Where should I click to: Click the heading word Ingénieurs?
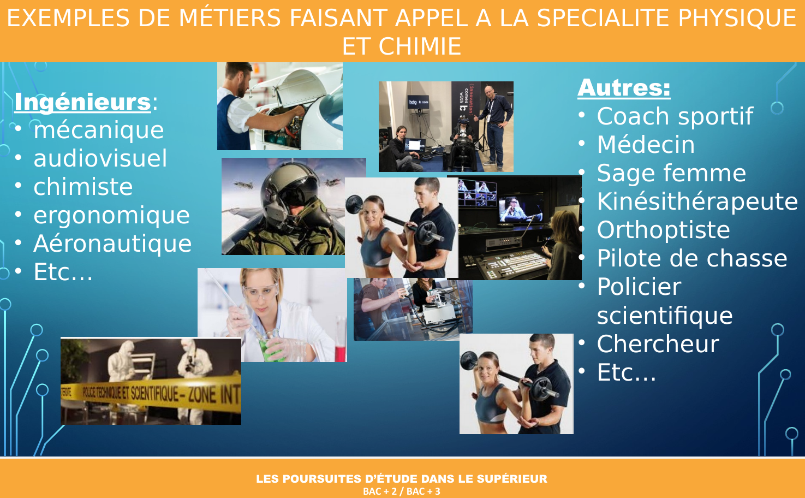click(x=82, y=102)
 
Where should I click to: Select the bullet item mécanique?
click(x=99, y=130)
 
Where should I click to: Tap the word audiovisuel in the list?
click(x=100, y=158)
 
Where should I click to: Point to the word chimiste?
click(x=83, y=187)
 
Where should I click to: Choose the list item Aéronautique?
click(x=112, y=244)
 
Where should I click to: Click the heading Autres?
click(x=624, y=87)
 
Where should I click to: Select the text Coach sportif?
click(x=675, y=116)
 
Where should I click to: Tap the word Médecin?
click(x=646, y=145)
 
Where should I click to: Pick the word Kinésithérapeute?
click(x=697, y=201)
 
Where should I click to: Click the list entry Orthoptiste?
click(x=664, y=230)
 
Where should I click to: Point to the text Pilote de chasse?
click(x=692, y=258)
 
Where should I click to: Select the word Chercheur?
click(x=658, y=344)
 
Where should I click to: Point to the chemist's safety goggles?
click(x=260, y=290)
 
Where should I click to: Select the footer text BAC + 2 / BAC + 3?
click(x=402, y=491)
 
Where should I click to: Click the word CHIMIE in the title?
click(x=420, y=46)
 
